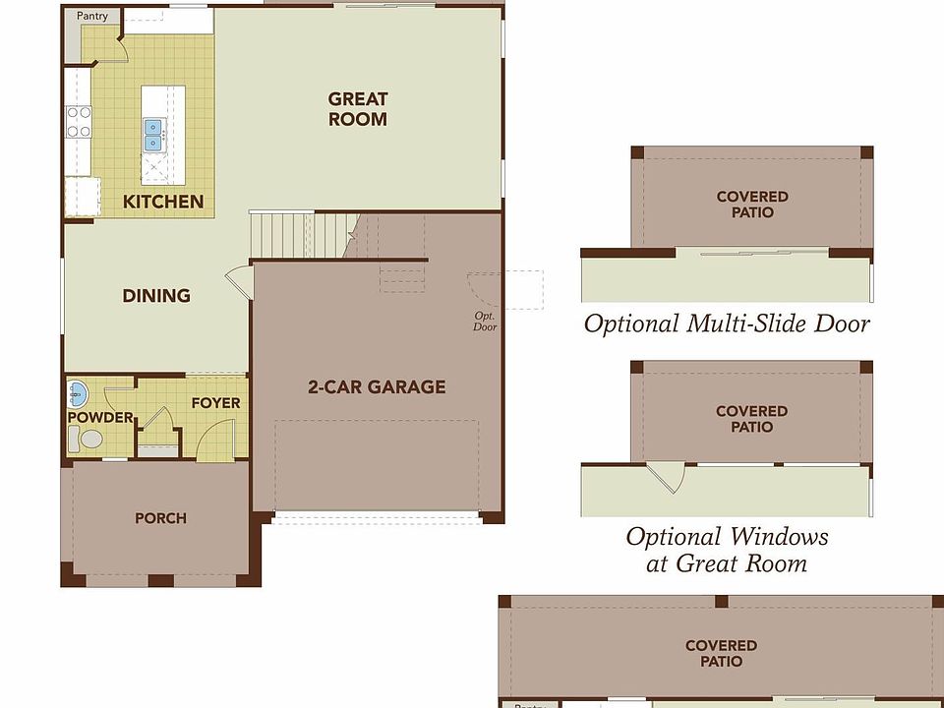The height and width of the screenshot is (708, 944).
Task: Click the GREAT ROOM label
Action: (x=358, y=109)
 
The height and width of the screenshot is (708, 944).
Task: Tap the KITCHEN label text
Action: (x=163, y=202)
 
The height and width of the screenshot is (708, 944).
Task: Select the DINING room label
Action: (x=156, y=296)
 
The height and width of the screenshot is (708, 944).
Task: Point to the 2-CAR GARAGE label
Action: (x=377, y=386)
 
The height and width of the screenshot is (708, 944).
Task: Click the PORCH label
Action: (x=160, y=518)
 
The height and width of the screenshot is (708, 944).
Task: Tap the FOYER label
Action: (x=215, y=403)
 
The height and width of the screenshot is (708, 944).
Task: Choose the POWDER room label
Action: (x=100, y=417)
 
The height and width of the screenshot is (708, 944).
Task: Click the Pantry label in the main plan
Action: (x=92, y=17)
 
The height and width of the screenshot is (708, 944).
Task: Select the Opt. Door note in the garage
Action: (x=485, y=322)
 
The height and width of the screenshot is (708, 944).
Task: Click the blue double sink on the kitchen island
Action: (x=153, y=135)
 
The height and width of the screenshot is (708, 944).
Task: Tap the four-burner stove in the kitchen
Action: (x=79, y=122)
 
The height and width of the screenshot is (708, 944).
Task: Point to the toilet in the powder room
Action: (x=85, y=439)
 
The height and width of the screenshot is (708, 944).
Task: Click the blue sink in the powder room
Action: (x=78, y=394)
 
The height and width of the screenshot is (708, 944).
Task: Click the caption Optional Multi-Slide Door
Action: (x=727, y=324)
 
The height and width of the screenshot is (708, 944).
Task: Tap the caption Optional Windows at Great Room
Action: (x=727, y=550)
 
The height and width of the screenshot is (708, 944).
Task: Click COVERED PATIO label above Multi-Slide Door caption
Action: (x=752, y=205)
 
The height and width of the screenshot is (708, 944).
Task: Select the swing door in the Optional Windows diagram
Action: (x=668, y=479)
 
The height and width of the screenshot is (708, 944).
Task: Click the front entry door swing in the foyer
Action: (x=215, y=440)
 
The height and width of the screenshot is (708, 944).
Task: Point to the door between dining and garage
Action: (x=240, y=282)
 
